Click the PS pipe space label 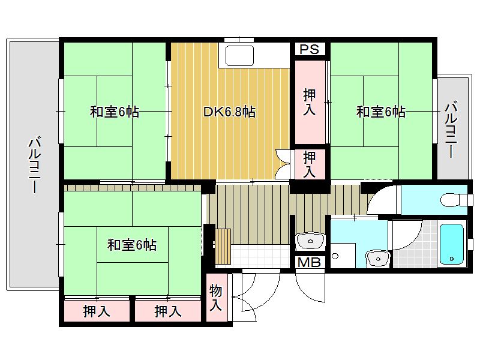click(x=309, y=49)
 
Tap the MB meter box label click(x=309, y=262)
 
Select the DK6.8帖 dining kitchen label click(x=230, y=112)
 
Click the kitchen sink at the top click(x=239, y=56)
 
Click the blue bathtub click(x=452, y=244)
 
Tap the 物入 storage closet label click(x=216, y=298)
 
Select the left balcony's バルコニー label click(x=34, y=166)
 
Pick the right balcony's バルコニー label click(x=451, y=131)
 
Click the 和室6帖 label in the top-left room click(x=115, y=112)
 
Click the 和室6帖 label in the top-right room click(x=381, y=112)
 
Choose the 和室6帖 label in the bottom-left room click(x=132, y=245)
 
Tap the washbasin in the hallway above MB click(x=310, y=241)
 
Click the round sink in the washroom click(x=379, y=259)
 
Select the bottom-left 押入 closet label click(x=97, y=311)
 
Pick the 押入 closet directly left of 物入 click(x=168, y=311)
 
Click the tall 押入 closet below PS click(x=309, y=102)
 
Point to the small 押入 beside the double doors click(x=309, y=164)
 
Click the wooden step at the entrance click(x=223, y=247)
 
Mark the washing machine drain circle click(x=335, y=256)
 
